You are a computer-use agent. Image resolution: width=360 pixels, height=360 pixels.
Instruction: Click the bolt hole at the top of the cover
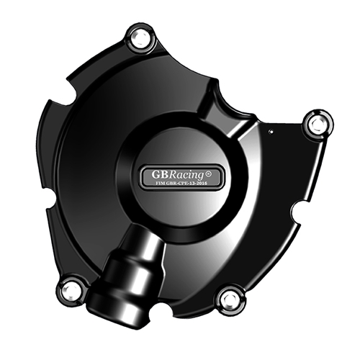coord(140,39)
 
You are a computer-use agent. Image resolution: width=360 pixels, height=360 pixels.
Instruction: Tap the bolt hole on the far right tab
coord(318,124)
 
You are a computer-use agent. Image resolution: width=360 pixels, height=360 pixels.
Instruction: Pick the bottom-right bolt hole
coord(230,300)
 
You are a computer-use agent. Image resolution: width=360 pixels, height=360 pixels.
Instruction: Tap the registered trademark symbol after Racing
coord(208,174)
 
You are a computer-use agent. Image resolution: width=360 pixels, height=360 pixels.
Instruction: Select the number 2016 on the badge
coord(202,184)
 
